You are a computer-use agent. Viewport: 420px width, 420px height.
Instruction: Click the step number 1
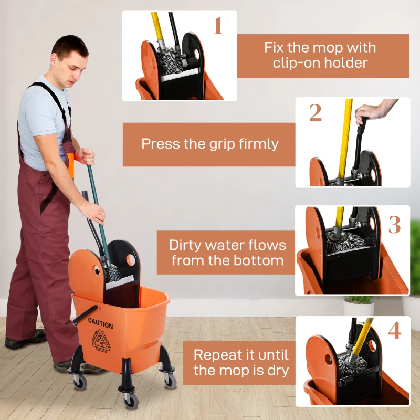click(218, 26)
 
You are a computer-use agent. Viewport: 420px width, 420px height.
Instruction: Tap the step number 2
click(315, 113)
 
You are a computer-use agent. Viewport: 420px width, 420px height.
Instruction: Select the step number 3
click(394, 224)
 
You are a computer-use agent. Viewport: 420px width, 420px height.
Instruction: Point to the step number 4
click(394, 331)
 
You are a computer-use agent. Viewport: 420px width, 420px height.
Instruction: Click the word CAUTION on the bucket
click(100, 321)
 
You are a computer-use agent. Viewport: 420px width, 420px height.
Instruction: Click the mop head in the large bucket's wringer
click(112, 272)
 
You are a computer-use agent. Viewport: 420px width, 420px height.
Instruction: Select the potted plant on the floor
click(359, 304)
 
